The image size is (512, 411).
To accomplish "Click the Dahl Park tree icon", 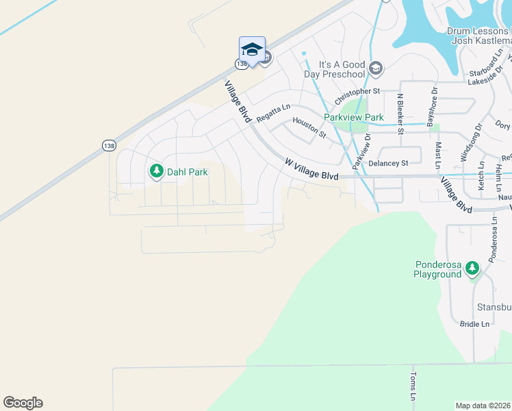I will click(157, 171).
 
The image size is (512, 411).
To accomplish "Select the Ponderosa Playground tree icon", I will click(472, 269).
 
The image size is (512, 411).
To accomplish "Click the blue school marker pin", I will click(252, 50).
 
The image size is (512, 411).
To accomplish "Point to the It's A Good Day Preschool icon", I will click(375, 68).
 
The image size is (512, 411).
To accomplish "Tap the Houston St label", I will click(309, 127).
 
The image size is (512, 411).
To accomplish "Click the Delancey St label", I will click(388, 163).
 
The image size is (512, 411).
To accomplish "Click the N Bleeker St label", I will click(401, 115).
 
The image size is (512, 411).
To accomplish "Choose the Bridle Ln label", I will click(475, 324).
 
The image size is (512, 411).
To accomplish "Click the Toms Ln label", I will click(413, 387).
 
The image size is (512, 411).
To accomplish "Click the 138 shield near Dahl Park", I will click(109, 145).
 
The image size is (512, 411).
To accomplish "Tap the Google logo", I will click(23, 403).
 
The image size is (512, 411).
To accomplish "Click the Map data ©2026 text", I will click(483, 406).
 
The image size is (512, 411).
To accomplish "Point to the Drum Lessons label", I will click(478, 31).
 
